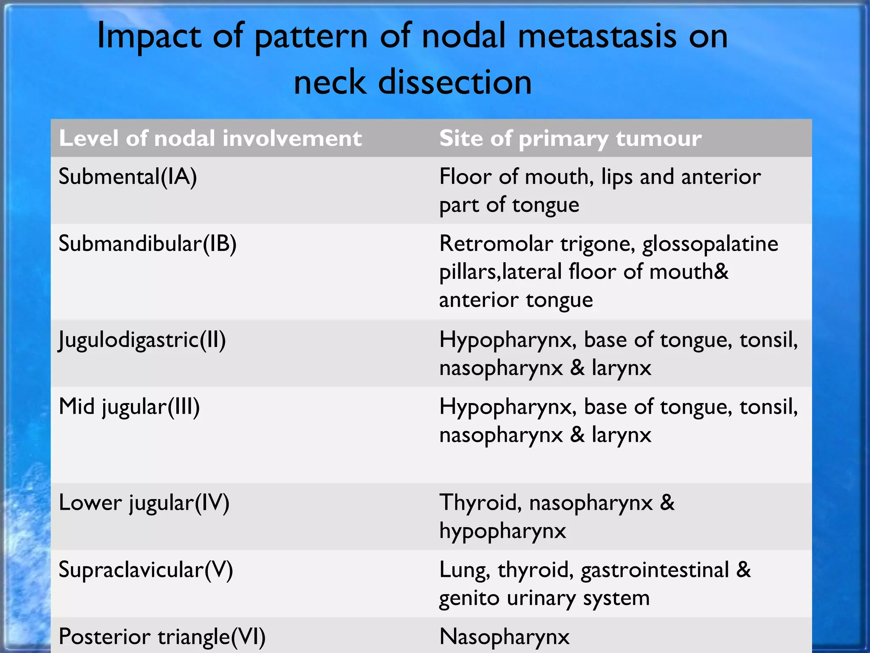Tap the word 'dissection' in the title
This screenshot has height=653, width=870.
[455, 82]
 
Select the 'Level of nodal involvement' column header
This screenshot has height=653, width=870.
[210, 139]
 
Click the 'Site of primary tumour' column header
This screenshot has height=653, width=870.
[570, 139]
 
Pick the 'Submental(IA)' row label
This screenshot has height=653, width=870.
[128, 177]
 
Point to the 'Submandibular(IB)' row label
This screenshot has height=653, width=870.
[147, 244]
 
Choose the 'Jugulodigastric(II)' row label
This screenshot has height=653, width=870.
[142, 340]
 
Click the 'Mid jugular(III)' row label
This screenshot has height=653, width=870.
[129, 407]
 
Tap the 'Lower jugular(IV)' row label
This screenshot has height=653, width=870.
[144, 503]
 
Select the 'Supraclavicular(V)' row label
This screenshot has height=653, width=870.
[146, 570]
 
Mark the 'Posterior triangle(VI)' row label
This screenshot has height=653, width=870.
[162, 637]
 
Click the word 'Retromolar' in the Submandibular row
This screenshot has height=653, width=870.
[496, 244]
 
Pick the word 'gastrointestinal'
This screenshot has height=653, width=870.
[655, 570]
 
